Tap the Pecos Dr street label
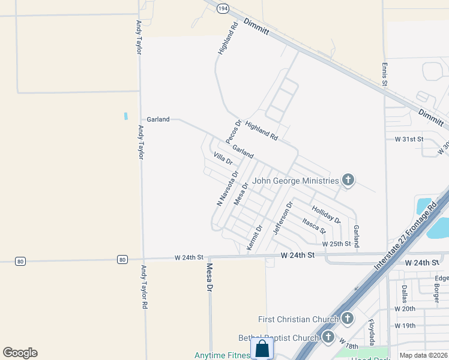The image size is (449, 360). [x=234, y=131]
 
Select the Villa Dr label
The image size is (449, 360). [x=223, y=159]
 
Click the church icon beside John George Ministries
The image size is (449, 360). [x=348, y=179]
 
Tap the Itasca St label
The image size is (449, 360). [x=314, y=226]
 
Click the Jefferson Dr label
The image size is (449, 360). [x=282, y=218]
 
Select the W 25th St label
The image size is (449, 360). [x=336, y=244]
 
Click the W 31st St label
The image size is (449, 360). [x=409, y=139]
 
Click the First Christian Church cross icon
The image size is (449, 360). [x=347, y=318]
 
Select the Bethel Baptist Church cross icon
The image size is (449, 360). [x=328, y=337]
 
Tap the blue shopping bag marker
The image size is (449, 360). [x=262, y=348]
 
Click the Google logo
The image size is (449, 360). [x=20, y=353]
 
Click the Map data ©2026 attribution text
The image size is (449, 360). [x=423, y=355]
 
